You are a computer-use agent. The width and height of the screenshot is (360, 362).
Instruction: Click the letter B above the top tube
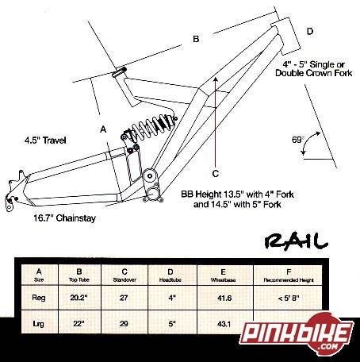click(196, 39)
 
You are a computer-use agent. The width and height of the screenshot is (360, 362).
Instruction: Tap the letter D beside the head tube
click(310, 31)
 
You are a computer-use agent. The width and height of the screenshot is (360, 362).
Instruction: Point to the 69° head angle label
click(298, 140)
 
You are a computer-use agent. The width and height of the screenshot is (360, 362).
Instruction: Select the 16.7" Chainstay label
click(64, 218)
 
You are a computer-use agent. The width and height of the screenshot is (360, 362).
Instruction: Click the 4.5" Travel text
click(45, 140)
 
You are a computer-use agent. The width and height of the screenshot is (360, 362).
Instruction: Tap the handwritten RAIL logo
click(296, 241)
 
